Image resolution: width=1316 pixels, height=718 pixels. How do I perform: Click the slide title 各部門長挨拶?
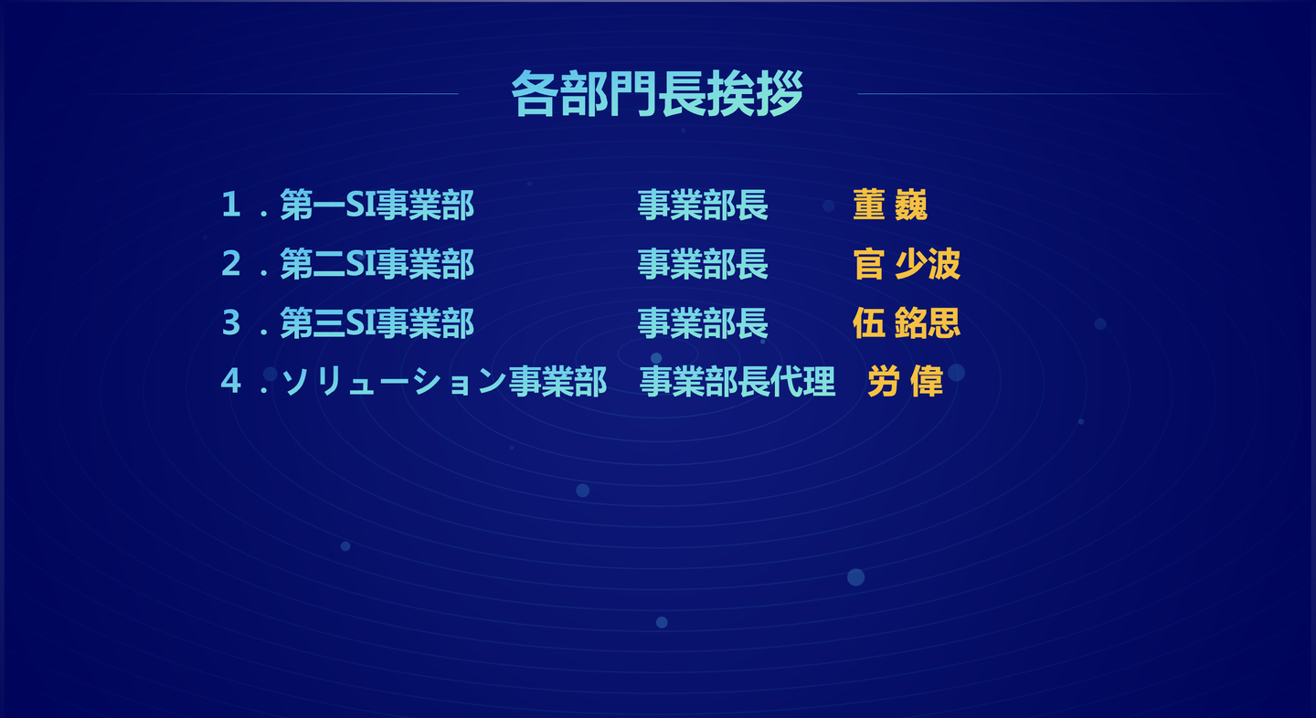[x=657, y=93]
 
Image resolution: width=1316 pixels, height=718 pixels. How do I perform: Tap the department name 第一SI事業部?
[x=377, y=205]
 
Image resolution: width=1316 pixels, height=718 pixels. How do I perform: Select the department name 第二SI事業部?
[x=377, y=264]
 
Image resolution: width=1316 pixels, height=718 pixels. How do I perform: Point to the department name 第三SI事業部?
[x=377, y=322]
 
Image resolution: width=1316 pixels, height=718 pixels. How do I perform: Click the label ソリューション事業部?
[x=444, y=382]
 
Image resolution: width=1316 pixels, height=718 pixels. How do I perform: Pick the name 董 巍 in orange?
[x=890, y=205]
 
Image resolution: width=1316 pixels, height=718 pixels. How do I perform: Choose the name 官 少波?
[x=907, y=264]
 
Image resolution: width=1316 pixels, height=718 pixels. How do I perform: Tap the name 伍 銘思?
[x=907, y=322]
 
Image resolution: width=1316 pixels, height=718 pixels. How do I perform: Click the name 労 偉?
[x=906, y=382]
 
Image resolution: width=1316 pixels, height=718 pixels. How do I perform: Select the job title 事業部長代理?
[x=738, y=382]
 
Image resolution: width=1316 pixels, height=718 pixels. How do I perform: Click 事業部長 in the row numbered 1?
[x=704, y=205]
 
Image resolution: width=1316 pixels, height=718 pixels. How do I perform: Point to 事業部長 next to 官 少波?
[x=704, y=264]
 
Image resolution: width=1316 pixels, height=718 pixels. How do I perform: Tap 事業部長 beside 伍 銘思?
[x=704, y=322]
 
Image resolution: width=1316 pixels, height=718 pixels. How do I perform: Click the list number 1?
[x=231, y=205]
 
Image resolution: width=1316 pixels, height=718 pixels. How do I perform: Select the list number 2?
[x=231, y=263]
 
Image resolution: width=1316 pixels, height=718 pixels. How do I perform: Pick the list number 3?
[x=231, y=322]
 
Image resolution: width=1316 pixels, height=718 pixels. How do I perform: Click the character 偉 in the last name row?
[x=927, y=382]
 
